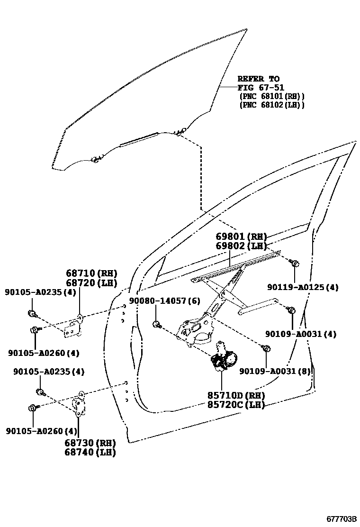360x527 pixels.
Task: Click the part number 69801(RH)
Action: (x=241, y=236)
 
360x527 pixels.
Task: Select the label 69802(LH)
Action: (x=241, y=245)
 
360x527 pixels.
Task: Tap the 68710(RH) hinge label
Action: (x=91, y=273)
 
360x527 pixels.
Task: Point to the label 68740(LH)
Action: (x=90, y=452)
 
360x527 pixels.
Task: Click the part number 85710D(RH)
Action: (x=235, y=395)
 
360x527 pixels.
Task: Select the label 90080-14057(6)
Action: (x=164, y=301)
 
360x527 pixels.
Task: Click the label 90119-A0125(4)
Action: (x=303, y=287)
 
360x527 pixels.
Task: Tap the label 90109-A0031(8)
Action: (x=275, y=371)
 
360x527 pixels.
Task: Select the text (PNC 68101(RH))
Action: (x=272, y=96)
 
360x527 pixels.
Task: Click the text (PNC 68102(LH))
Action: (x=272, y=105)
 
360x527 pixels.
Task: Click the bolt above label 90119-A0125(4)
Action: (x=295, y=263)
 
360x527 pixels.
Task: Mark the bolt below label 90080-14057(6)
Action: (x=156, y=325)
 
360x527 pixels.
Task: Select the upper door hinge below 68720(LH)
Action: (x=73, y=327)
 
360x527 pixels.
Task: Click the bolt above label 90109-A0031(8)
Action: (x=267, y=349)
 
